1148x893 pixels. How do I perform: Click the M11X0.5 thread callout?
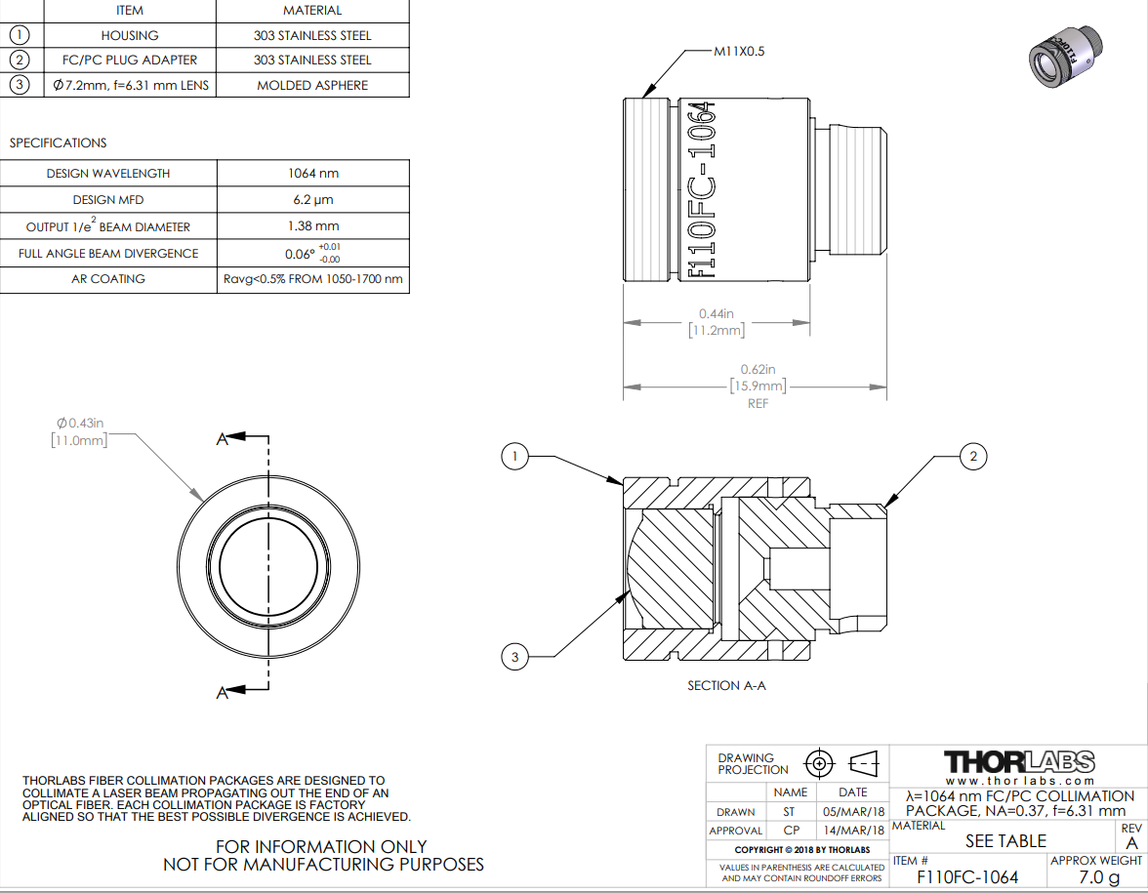739,51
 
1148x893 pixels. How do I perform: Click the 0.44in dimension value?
717,313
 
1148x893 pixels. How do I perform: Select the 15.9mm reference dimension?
758,386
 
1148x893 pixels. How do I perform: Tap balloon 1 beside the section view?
514,457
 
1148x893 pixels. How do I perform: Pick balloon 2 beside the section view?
973,457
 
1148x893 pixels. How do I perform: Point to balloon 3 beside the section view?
514,657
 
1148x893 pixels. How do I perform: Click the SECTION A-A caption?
726,686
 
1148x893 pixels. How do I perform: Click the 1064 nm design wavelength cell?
313,174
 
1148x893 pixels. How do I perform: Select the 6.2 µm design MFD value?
313,200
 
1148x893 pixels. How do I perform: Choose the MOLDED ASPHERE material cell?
312,85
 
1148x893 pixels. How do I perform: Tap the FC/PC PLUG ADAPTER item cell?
130,61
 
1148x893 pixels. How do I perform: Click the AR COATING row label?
108,279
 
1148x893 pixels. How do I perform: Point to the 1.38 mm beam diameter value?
313,226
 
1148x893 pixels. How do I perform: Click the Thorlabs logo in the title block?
1019,762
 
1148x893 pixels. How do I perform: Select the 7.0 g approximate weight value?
1099,876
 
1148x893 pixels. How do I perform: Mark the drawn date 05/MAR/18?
853,812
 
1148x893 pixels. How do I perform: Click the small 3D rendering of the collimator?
1064,58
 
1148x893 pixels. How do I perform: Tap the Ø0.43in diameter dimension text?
80,424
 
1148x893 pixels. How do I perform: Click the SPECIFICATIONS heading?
58,142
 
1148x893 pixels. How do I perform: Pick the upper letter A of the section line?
223,439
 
